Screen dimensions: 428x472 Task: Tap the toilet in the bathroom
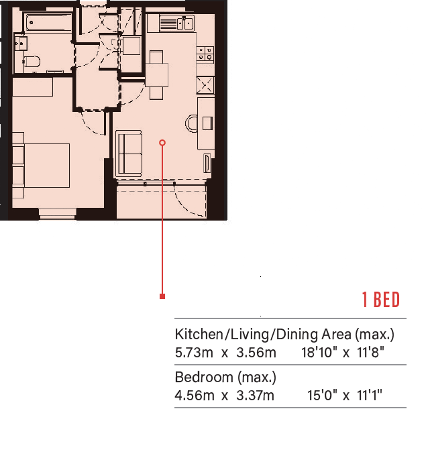pos(32,62)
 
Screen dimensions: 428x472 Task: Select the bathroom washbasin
pos(21,44)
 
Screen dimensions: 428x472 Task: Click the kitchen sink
pos(177,23)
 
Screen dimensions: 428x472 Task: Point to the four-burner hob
pos(205,54)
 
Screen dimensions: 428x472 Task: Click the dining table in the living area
pos(156,74)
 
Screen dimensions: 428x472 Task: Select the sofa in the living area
pos(129,154)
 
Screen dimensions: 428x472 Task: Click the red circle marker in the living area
pos(162,143)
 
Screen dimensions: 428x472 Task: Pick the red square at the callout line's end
pos(162,296)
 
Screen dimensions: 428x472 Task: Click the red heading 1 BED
pos(381,300)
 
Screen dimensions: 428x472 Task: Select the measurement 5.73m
pos(194,353)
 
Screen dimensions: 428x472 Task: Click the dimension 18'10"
pos(319,352)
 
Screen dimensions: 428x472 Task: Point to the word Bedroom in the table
pos(204,377)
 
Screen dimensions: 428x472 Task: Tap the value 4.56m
pos(195,396)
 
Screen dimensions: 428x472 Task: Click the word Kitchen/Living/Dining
pos(246,335)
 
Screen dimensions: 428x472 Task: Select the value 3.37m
pos(255,396)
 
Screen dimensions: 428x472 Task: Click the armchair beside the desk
pos(191,123)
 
